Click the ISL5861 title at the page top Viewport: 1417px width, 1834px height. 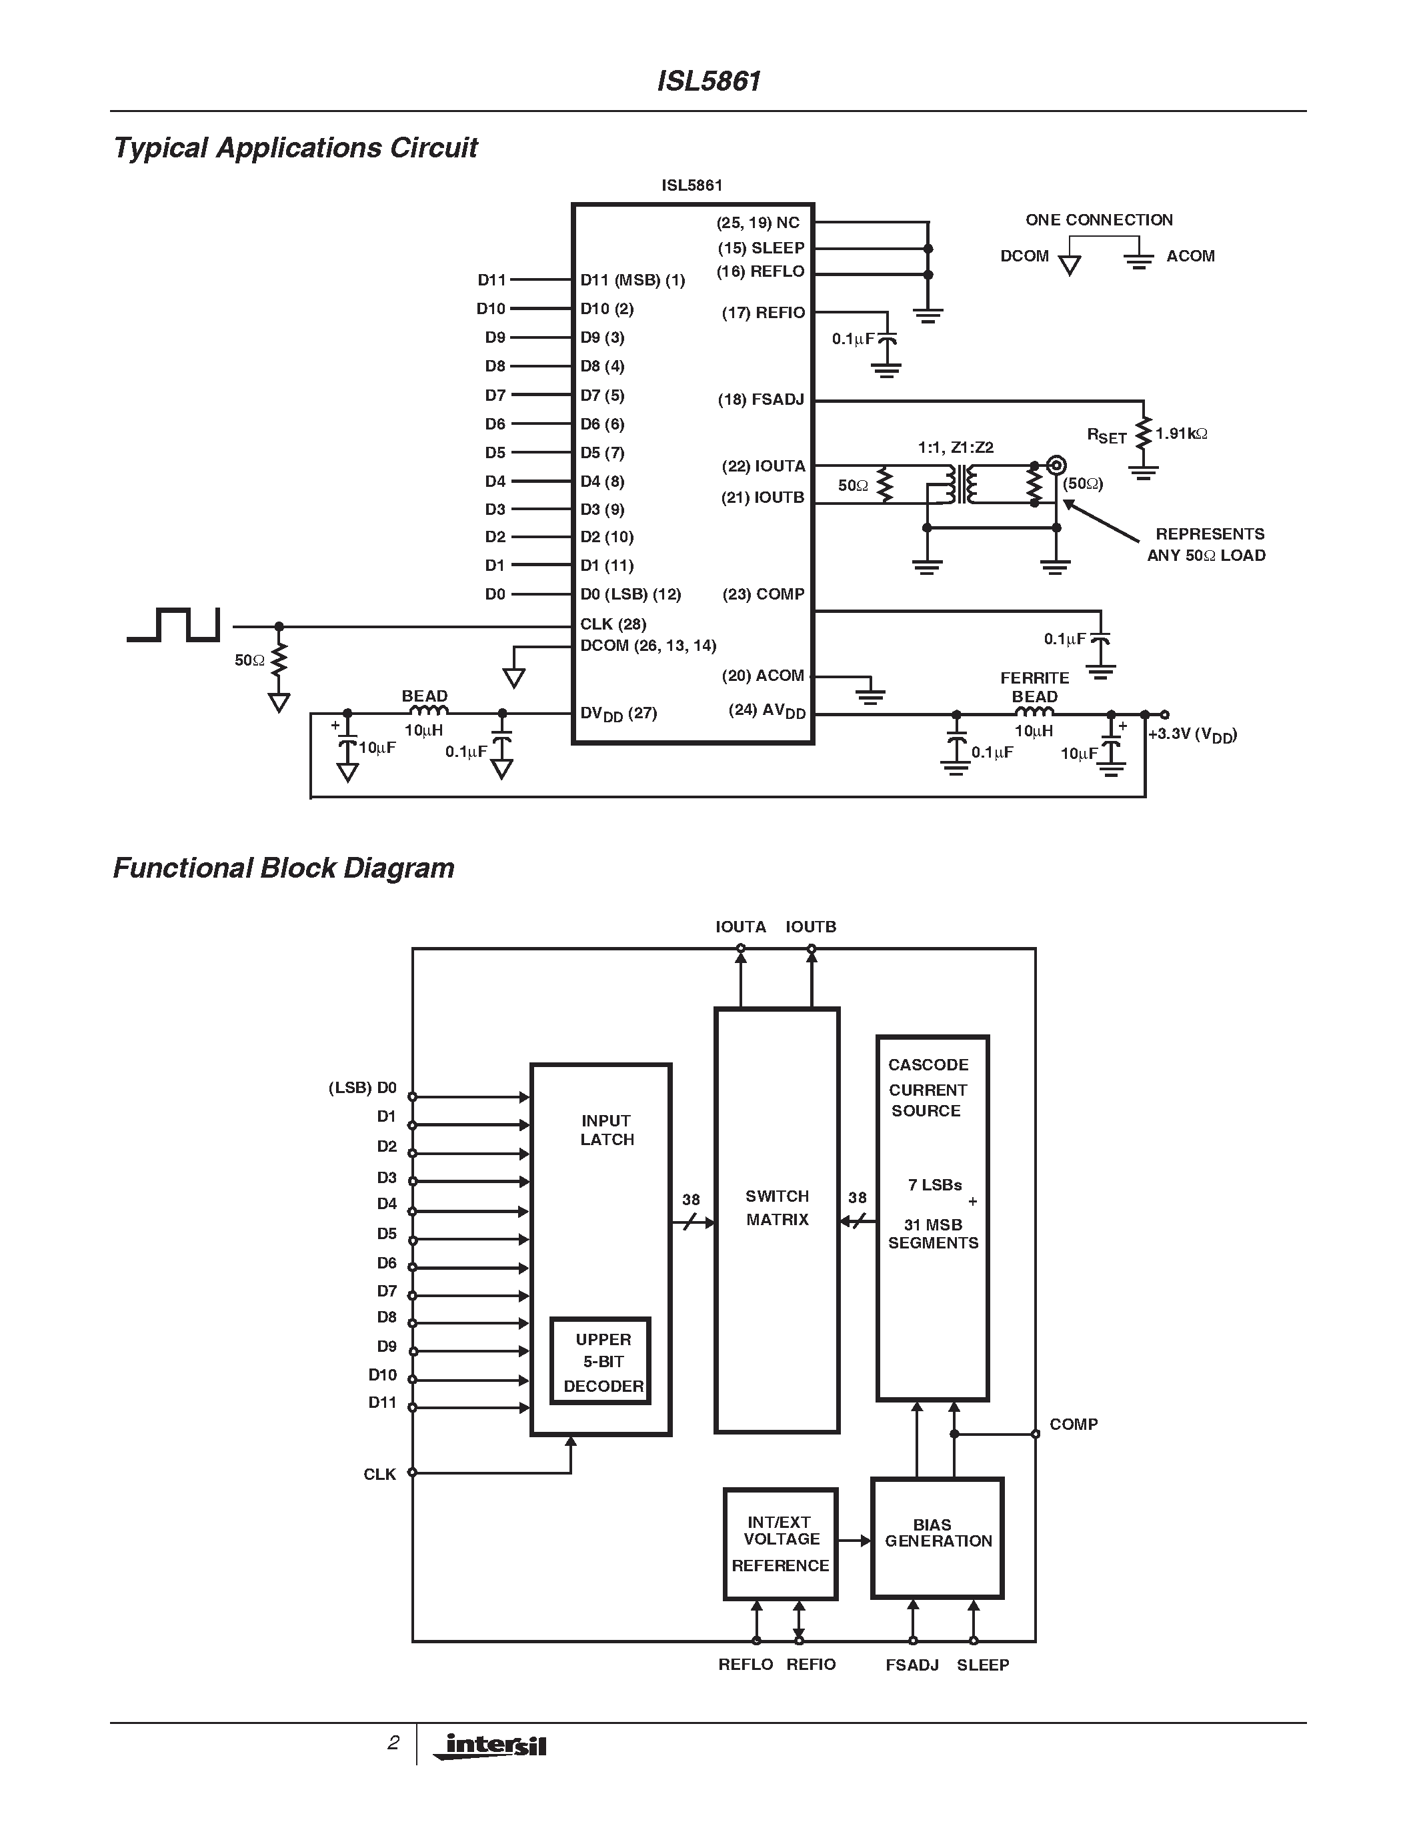[708, 81]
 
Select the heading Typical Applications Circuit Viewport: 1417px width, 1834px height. [295, 148]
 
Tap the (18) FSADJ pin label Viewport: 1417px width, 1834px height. [761, 399]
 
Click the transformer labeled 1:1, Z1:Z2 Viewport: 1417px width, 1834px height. [961, 485]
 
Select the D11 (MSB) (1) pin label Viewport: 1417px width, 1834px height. [632, 279]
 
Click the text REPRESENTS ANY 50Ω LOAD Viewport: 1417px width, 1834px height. [1207, 544]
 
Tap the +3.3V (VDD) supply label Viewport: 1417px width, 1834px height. [1192, 735]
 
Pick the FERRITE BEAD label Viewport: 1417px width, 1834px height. [1034, 687]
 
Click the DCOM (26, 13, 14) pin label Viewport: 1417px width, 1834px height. [647, 646]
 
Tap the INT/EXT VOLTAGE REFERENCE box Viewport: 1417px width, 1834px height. [781, 1543]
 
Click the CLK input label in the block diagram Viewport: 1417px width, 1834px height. [379, 1475]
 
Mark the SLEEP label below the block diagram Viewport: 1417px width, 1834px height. [982, 1665]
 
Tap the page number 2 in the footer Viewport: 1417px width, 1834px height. [393, 1743]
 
